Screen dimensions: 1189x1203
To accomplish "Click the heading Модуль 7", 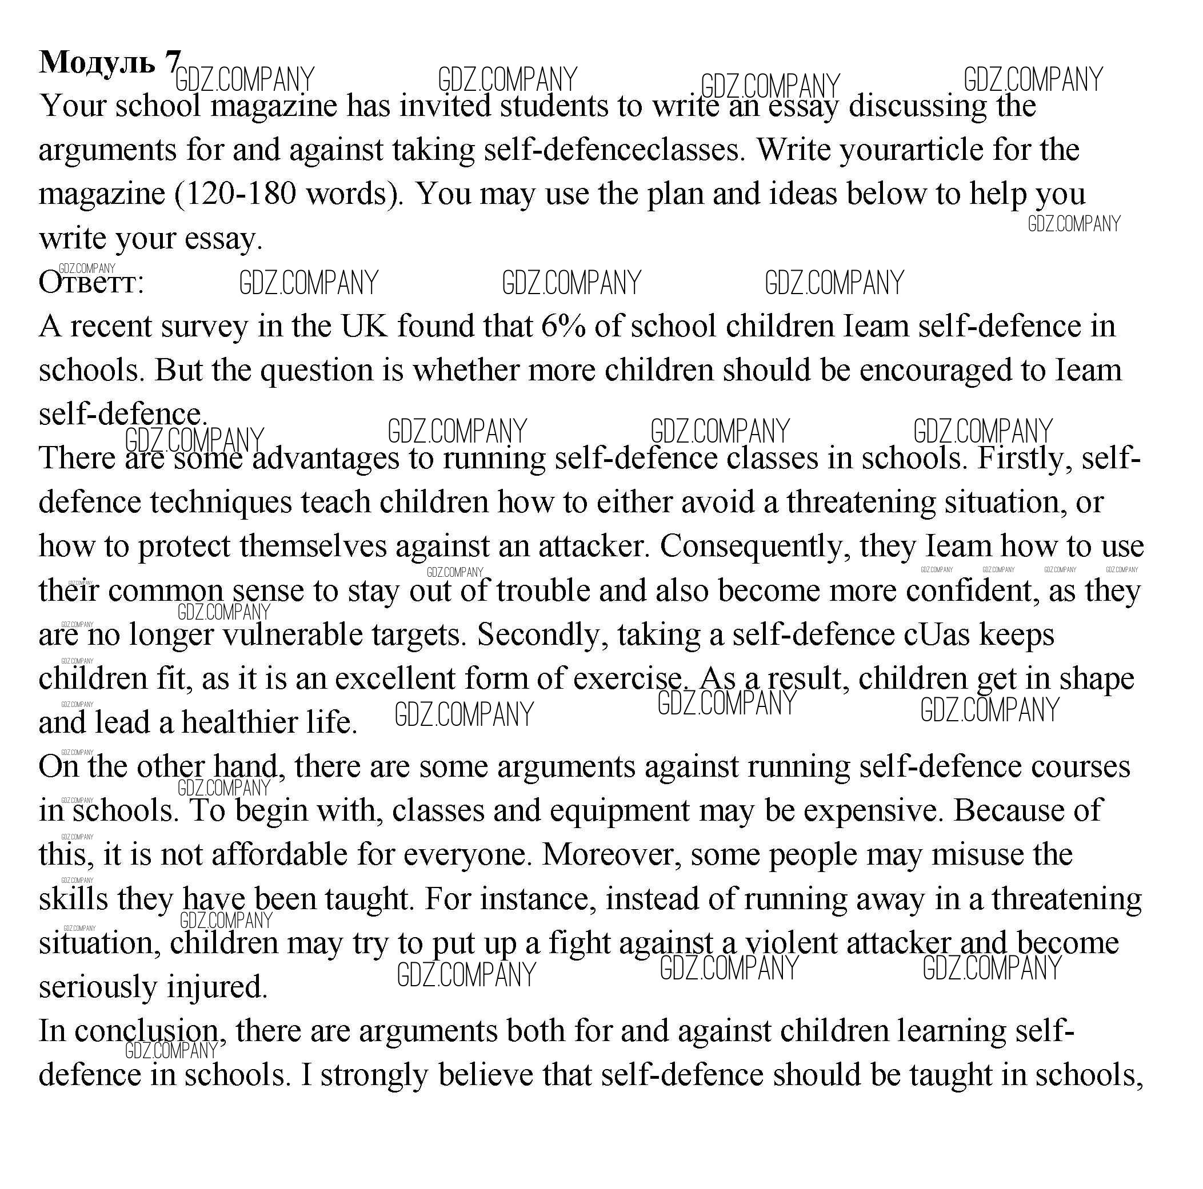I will click(x=110, y=63).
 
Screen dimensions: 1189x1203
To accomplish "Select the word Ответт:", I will click(x=91, y=283).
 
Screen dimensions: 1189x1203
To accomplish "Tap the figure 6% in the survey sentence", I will click(x=563, y=327).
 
